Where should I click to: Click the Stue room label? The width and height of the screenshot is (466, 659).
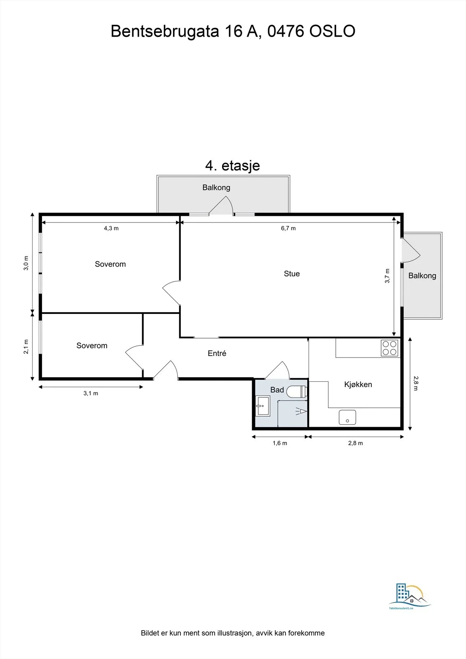click(292, 273)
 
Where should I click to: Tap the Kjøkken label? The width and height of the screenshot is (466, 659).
click(358, 385)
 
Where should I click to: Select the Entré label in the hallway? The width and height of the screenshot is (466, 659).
click(217, 353)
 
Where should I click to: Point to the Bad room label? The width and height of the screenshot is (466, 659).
click(277, 390)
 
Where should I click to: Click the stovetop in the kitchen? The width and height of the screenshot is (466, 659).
click(389, 348)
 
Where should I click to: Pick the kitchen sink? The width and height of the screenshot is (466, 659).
click(347, 417)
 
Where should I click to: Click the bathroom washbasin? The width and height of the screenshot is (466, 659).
click(262, 406)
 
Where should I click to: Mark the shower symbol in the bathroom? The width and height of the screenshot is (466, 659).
click(301, 411)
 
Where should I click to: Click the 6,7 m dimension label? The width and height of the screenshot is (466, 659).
click(288, 228)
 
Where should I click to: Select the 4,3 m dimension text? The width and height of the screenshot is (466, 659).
click(111, 228)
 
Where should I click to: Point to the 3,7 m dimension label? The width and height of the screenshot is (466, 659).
click(387, 276)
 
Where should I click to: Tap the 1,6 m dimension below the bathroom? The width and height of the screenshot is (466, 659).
click(280, 443)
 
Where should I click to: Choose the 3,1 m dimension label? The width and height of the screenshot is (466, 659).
click(91, 393)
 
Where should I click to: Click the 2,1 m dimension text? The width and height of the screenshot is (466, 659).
click(26, 346)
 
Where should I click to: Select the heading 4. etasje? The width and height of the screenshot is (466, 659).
click(232, 165)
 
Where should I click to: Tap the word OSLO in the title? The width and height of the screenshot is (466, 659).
click(332, 31)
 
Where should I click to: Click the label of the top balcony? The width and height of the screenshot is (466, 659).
click(216, 187)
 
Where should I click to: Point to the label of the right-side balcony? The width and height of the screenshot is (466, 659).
click(422, 276)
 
